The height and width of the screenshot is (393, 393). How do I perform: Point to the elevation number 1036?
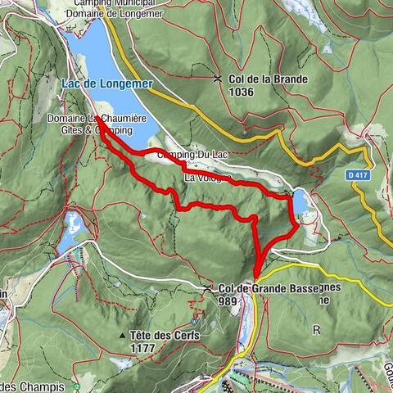(243, 92)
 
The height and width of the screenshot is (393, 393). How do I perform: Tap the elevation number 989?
(228, 300)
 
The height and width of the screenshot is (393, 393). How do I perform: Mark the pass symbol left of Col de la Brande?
(218, 79)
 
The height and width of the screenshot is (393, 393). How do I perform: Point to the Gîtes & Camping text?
(102, 130)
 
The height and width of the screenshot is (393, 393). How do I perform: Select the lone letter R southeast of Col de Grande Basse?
(315, 329)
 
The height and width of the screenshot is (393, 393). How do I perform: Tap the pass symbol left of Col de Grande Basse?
(208, 288)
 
